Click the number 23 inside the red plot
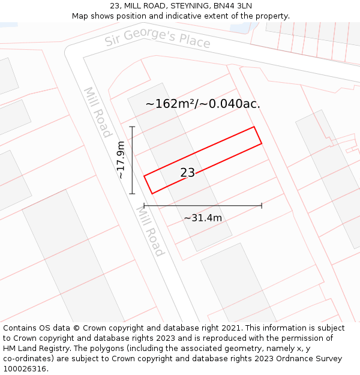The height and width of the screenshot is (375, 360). click(187, 173)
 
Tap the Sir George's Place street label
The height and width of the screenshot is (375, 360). click(157, 39)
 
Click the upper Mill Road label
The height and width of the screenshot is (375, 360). click(97, 113)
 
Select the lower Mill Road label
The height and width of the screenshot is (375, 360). click(150, 231)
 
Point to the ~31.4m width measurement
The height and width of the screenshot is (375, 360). click(203, 218)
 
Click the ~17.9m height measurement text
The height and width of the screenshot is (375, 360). click(121, 160)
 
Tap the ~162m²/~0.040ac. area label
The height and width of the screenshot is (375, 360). click(203, 104)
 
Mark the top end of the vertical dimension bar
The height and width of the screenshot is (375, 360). click(132, 127)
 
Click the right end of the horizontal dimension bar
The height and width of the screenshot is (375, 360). click(262, 206)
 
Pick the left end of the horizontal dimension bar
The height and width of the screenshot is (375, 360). click(145, 206)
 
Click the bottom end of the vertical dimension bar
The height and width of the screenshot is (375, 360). click(132, 194)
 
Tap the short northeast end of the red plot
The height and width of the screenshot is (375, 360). click(258, 136)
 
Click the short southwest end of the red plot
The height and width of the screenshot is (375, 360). click(148, 184)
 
